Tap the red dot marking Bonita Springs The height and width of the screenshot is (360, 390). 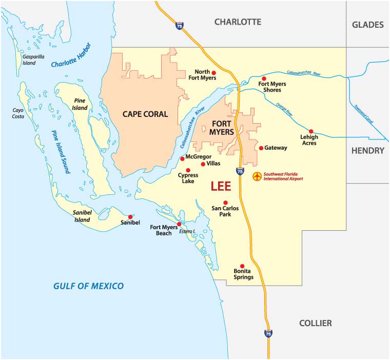(242, 266)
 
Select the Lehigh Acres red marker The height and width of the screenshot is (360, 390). (310, 131)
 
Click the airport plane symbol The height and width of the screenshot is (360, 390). (258, 176)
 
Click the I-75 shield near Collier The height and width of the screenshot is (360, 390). (268, 333)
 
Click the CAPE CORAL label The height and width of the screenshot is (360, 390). (145, 114)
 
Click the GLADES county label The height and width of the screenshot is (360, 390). (368, 25)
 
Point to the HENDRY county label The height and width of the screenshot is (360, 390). (368, 150)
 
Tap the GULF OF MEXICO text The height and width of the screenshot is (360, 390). (89, 286)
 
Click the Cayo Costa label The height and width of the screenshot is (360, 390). (19, 113)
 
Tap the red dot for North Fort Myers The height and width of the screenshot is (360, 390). (214, 73)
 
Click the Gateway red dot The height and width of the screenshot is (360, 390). (261, 148)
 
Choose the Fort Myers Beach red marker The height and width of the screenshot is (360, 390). (179, 224)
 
